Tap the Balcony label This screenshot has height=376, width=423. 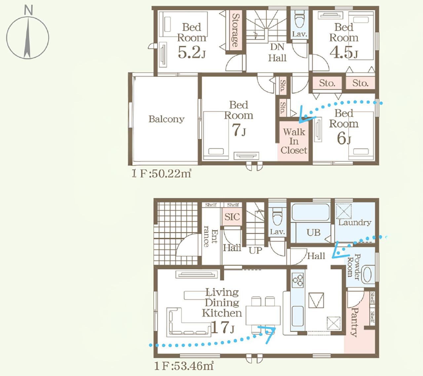point(167,119)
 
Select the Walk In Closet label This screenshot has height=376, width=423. point(294,141)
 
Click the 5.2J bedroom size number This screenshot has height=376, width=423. point(192,52)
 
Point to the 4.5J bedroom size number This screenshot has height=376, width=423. point(344,52)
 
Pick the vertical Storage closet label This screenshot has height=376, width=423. point(236,30)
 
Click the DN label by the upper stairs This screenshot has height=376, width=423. point(277,47)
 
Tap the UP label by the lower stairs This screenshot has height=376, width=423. point(255,250)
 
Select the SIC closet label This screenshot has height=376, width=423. point(232,217)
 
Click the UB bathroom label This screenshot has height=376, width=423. point(313,232)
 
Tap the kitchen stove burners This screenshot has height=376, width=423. point(298,280)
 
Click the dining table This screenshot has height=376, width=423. point(263,315)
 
